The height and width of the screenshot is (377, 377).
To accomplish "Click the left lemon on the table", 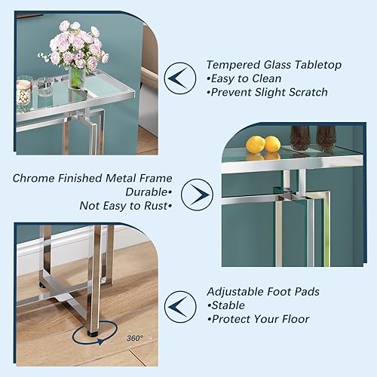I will (256, 144).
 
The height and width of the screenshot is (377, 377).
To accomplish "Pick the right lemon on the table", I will (272, 143).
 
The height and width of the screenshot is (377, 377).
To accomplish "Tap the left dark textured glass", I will (300, 137).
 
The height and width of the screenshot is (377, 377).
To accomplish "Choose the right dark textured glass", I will (326, 137).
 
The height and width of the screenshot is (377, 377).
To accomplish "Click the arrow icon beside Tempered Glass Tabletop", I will (181, 78).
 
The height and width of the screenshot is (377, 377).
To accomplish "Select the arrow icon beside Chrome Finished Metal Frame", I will (198, 194).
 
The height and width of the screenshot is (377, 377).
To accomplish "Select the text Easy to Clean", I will (247, 78).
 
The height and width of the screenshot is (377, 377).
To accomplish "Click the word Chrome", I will (33, 179).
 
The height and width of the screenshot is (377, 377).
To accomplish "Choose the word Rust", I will (154, 206).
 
